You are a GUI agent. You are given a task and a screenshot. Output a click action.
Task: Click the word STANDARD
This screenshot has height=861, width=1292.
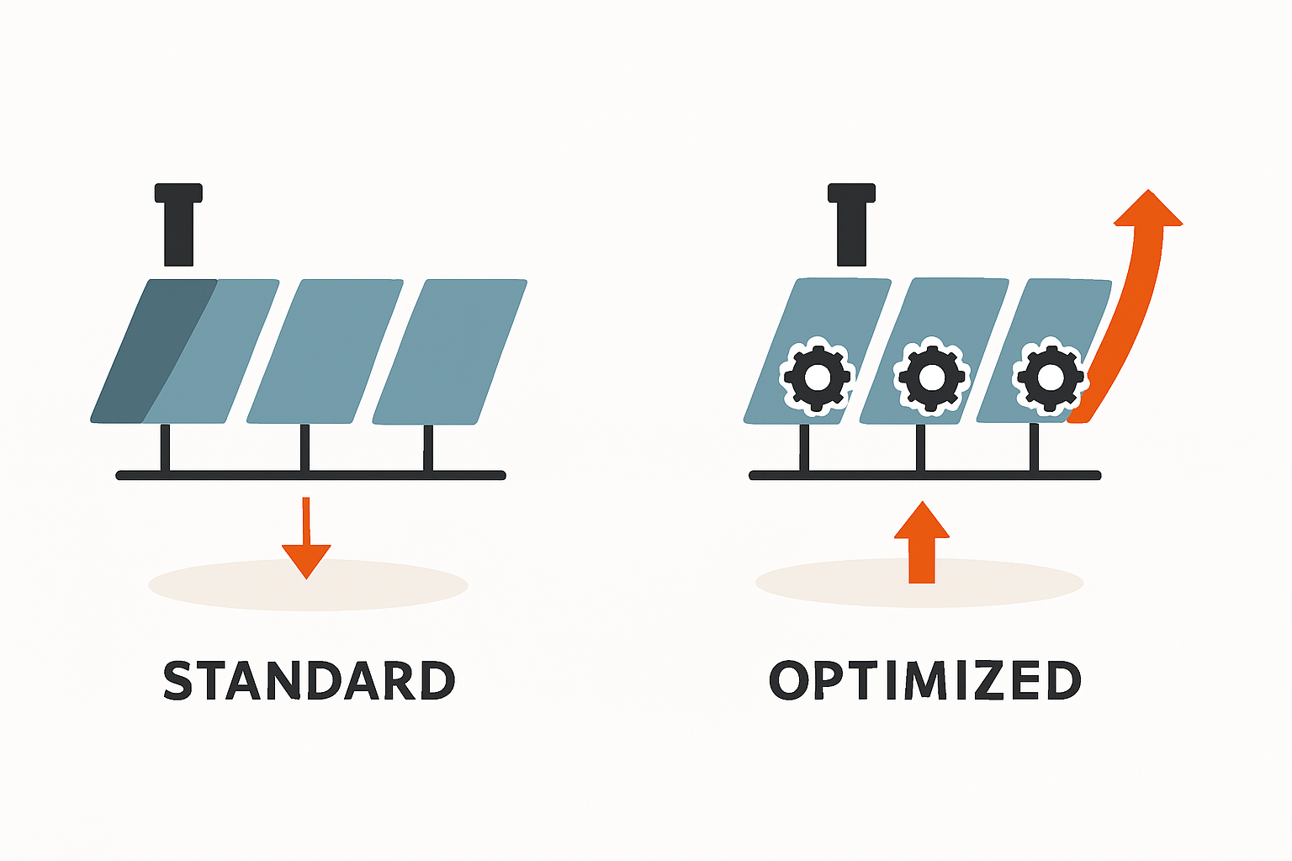pyautogui.click(x=309, y=680)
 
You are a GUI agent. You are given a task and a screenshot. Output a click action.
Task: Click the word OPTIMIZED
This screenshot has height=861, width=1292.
pyautogui.click(x=924, y=680)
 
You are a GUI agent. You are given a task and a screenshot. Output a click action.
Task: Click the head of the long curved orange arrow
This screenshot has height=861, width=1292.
pyautogui.click(x=1148, y=210)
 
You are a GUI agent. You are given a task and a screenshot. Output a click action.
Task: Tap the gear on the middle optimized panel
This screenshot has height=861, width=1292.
pyautogui.click(x=931, y=376)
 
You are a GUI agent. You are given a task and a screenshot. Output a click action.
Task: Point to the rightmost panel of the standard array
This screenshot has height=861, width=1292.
pyautogui.click(x=450, y=351)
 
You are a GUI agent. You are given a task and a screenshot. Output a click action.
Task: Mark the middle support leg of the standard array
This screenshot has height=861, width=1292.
pyautogui.click(x=304, y=447)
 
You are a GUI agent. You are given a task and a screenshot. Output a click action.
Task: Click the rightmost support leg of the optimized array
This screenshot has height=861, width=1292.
pyautogui.click(x=1034, y=447)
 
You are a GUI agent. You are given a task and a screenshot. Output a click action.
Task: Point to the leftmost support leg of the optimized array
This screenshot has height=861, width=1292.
pyautogui.click(x=804, y=447)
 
